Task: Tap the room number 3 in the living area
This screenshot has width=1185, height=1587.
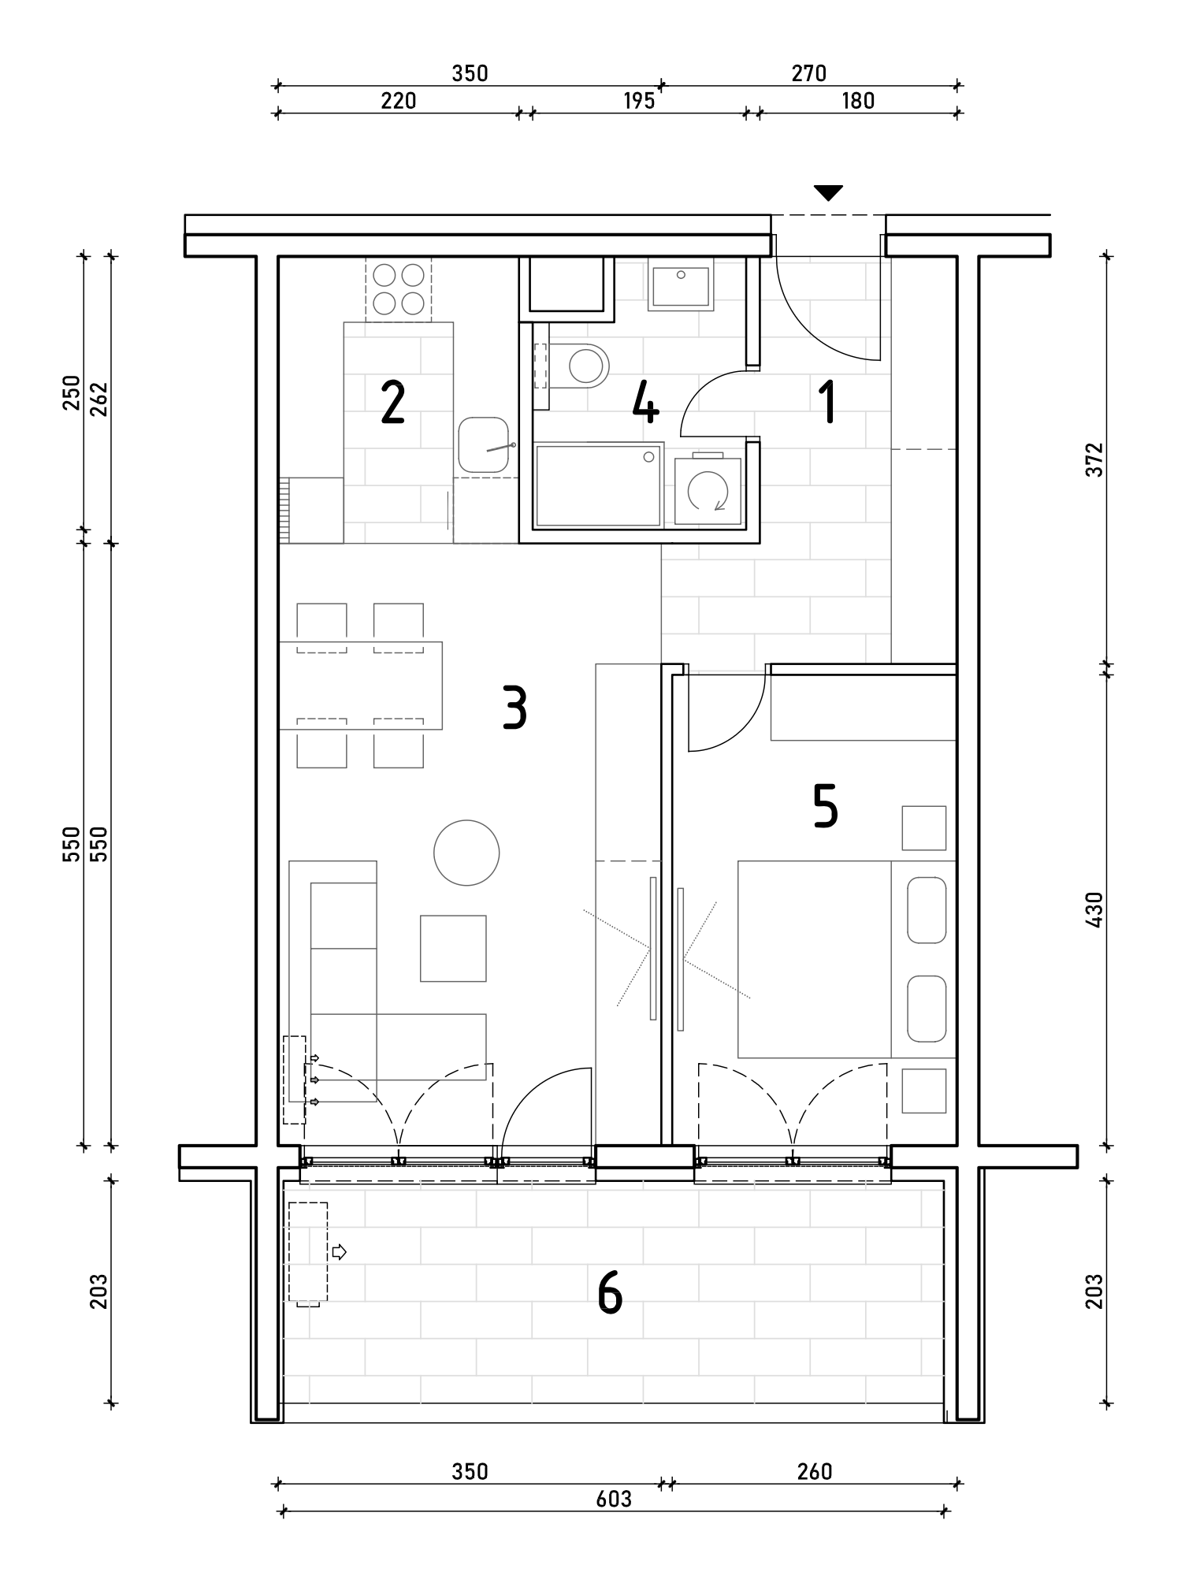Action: (x=514, y=707)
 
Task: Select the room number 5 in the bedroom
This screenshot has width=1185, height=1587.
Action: (x=825, y=807)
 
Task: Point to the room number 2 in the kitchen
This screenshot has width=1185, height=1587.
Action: (x=392, y=402)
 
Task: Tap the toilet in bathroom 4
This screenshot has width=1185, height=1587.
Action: (x=580, y=366)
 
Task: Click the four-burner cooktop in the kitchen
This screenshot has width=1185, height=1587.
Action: (x=399, y=289)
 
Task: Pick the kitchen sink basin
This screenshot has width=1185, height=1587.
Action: (x=483, y=445)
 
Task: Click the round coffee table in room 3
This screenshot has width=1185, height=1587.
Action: (x=466, y=853)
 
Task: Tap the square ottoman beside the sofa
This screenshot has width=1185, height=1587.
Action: (x=453, y=948)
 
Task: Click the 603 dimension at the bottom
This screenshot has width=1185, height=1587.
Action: (x=614, y=1498)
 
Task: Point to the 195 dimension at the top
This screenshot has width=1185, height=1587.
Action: (x=639, y=101)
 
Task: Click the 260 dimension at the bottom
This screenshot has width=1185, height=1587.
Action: (x=814, y=1471)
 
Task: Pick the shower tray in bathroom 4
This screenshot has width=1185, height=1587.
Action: (x=598, y=484)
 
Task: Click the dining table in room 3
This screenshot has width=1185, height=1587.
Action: (x=361, y=686)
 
